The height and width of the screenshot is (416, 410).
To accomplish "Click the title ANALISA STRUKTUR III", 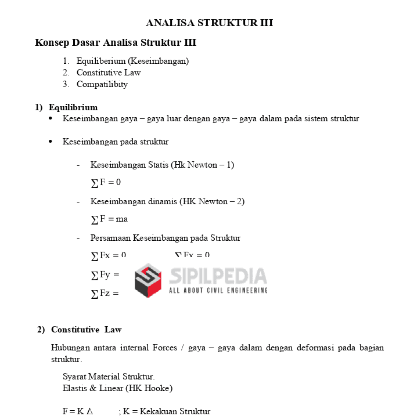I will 209,23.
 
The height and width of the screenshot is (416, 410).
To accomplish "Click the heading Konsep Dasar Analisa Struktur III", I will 116,43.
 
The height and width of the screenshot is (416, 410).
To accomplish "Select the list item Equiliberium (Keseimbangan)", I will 132,61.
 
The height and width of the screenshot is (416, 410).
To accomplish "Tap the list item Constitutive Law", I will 109,73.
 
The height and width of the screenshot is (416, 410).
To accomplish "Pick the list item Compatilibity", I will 102,84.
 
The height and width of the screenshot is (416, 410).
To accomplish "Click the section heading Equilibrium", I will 73,107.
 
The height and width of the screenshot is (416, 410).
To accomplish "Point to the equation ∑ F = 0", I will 106,183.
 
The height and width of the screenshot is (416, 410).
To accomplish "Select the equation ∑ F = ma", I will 109,219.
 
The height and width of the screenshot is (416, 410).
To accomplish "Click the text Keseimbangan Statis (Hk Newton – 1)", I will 162,165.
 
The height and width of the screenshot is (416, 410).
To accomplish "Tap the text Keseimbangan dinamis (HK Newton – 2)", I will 167,201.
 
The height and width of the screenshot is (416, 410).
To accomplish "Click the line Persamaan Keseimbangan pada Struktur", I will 165,238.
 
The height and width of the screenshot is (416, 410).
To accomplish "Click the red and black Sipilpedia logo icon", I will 148,280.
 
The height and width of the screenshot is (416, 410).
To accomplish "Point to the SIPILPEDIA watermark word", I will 218,276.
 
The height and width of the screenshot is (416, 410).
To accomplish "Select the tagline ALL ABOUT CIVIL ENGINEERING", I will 218,290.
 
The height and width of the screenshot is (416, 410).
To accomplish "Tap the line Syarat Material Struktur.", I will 109,377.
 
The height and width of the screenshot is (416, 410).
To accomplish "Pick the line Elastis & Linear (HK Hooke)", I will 117,388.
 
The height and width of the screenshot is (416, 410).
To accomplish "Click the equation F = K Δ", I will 77,411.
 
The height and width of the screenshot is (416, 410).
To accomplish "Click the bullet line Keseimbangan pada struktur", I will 116,142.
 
